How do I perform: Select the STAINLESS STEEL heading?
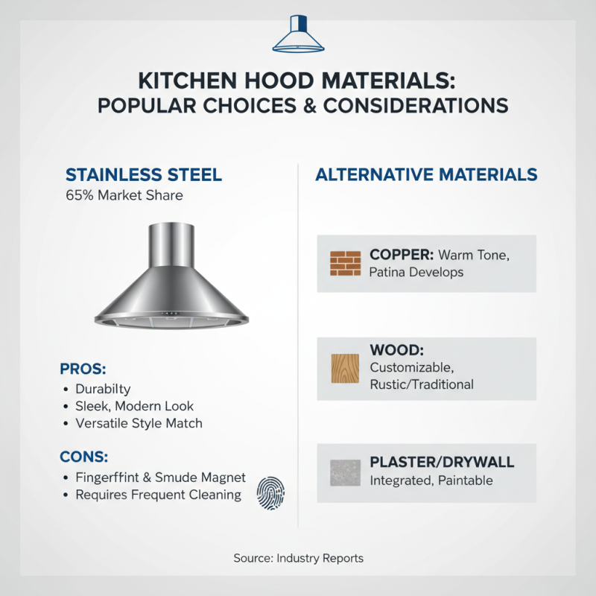pos(144,175)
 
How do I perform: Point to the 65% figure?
pos(79,196)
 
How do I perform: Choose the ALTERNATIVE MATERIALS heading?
pos(426,175)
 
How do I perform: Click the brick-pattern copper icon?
pos(344,263)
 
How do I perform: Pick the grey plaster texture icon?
pos(344,472)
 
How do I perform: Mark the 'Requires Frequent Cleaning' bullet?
pos(158,495)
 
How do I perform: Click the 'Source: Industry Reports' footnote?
pos(298,557)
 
